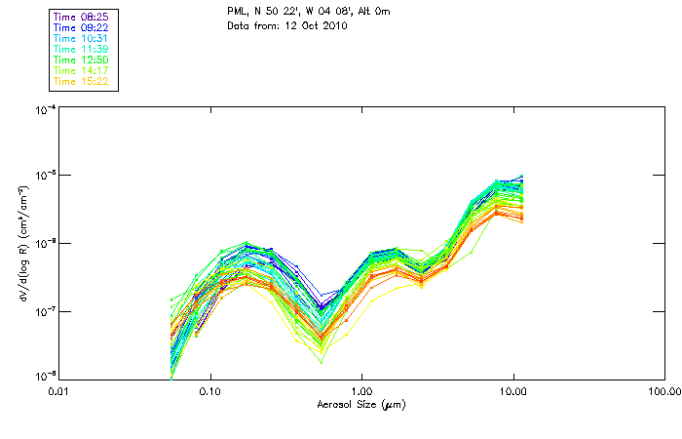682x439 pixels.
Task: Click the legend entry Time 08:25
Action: click(x=81, y=16)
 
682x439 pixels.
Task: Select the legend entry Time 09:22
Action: click(x=81, y=27)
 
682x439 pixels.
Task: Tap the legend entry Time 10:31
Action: click(x=81, y=38)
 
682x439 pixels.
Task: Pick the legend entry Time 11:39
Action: click(x=81, y=49)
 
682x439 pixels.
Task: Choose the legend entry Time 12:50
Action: click(x=81, y=60)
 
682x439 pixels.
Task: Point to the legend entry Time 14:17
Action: click(x=81, y=71)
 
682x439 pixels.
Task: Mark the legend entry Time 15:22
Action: click(x=81, y=82)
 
